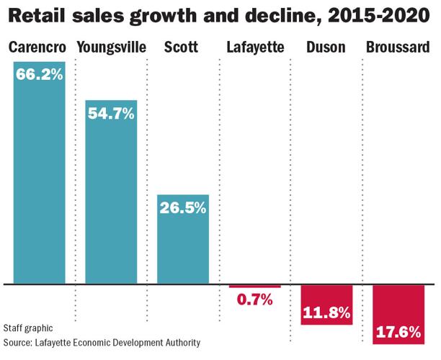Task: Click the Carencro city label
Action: click(x=37, y=48)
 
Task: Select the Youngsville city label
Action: click(x=111, y=48)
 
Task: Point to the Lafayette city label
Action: click(x=255, y=48)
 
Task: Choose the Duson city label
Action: click(x=326, y=48)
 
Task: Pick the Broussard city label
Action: click(x=398, y=48)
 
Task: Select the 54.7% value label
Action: click(x=111, y=113)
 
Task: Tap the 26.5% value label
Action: click(x=183, y=208)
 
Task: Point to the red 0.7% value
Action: click(x=255, y=300)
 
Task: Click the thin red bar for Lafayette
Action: click(x=255, y=287)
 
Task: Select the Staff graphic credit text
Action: click(x=27, y=328)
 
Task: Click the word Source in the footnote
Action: click(x=19, y=342)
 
